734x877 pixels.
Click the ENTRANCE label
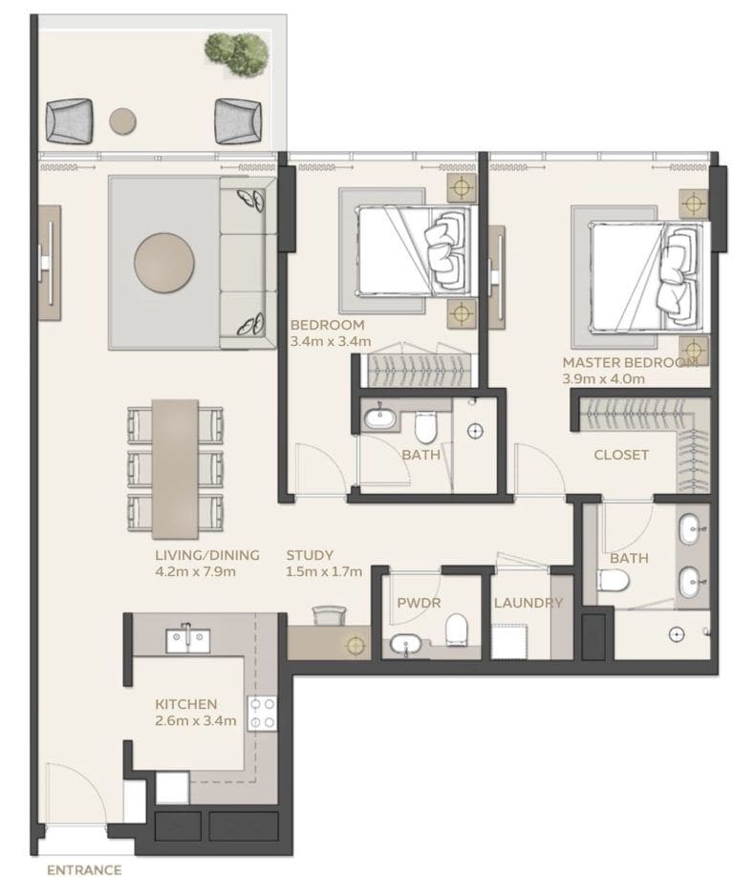(x=84, y=869)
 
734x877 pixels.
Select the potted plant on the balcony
(x=236, y=49)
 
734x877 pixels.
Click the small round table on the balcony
(x=122, y=120)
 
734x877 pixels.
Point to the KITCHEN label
(x=186, y=704)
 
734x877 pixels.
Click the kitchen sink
(x=187, y=639)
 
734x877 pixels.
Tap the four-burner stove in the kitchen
(x=262, y=712)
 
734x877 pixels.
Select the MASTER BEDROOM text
(x=630, y=363)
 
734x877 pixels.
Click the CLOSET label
(x=621, y=455)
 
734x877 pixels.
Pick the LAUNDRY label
(x=528, y=603)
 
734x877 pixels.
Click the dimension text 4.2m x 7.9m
(x=195, y=571)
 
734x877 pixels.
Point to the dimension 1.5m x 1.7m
(x=324, y=571)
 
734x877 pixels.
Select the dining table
(x=175, y=467)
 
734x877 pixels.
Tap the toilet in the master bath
(x=613, y=580)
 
